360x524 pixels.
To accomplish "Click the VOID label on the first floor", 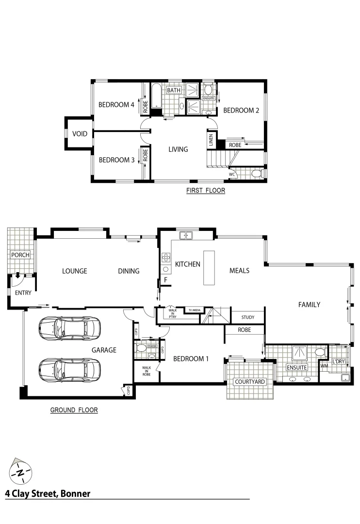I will [80, 134].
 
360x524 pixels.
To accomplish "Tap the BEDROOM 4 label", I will [116, 104].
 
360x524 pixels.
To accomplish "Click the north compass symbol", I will [20, 471].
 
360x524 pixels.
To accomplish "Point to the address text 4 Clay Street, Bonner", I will [48, 494].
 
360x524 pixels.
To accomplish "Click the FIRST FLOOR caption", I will [206, 191].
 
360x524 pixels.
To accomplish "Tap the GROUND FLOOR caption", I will [74, 410].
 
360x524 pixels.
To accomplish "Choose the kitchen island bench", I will [209, 268].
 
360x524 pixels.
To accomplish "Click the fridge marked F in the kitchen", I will [165, 280].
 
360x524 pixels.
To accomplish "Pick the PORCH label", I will [20, 255].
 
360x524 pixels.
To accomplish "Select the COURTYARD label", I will [250, 382].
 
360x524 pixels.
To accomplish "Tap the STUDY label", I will [247, 318].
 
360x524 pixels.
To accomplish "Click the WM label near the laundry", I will [324, 366].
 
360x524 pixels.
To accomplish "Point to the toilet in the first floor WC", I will [257, 173].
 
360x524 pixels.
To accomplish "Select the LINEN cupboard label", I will [211, 140].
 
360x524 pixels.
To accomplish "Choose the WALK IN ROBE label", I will [147, 371].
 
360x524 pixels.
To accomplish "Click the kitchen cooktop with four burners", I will [165, 258].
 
